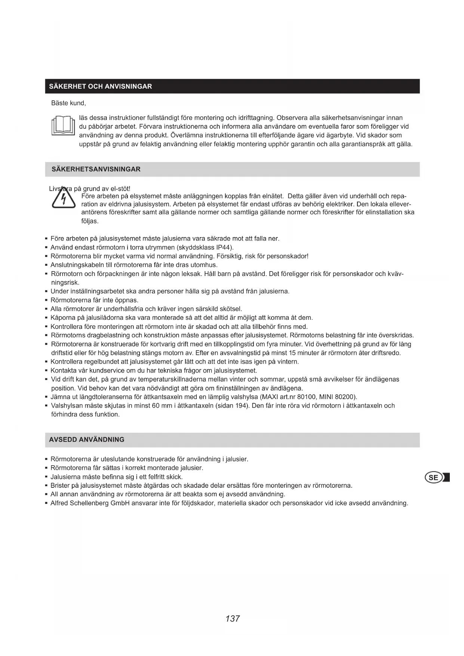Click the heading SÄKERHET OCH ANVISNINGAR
tap(101, 86)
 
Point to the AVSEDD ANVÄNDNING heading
tap(87, 439)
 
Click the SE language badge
tap(434, 478)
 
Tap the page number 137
tap(232, 619)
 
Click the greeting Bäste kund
tap(68, 103)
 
